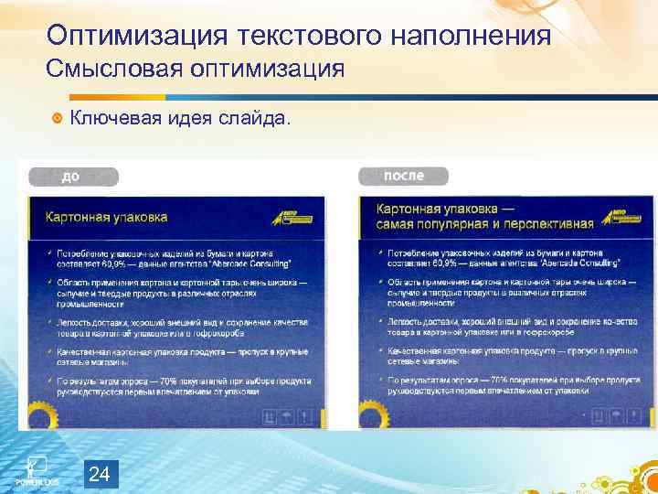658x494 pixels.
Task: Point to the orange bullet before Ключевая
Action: [x=58, y=117]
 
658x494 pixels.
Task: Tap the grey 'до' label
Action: [x=72, y=177]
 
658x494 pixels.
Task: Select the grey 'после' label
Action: [x=403, y=176]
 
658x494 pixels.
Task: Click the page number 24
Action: [x=101, y=474]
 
